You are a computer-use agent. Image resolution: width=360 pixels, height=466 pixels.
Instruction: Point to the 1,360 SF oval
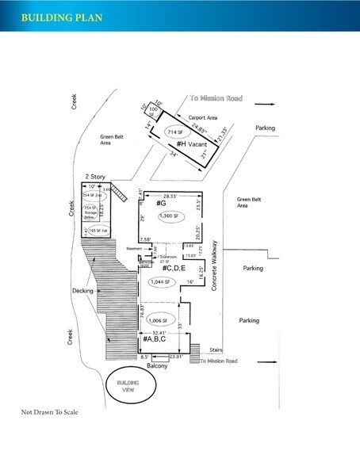coord(170,216)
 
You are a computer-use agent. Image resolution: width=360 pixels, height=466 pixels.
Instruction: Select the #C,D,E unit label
coord(168,269)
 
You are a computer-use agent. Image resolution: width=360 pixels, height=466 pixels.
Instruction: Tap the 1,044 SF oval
coord(168,282)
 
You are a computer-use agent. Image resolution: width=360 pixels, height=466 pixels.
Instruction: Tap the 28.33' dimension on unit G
coord(170,195)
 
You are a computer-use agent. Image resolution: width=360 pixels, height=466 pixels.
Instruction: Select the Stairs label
coord(216,349)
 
